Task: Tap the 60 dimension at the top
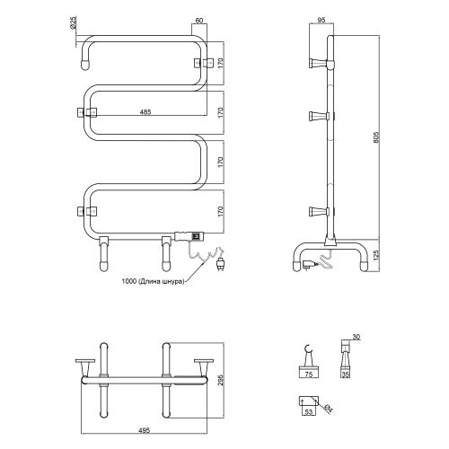199,21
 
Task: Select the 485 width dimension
145,112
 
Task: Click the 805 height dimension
376,137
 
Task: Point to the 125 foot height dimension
376,254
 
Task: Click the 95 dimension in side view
321,21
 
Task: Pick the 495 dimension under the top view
145,430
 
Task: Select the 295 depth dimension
221,380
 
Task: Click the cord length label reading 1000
153,281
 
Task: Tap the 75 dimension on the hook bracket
309,374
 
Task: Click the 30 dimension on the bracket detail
356,337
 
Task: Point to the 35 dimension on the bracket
346,374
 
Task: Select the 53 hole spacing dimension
309,412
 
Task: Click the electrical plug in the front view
220,264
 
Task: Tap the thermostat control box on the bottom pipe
189,236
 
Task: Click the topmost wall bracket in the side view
318,63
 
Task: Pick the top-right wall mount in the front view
204,63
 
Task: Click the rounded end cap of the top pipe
85,66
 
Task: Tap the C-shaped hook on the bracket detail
308,349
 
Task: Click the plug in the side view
308,265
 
